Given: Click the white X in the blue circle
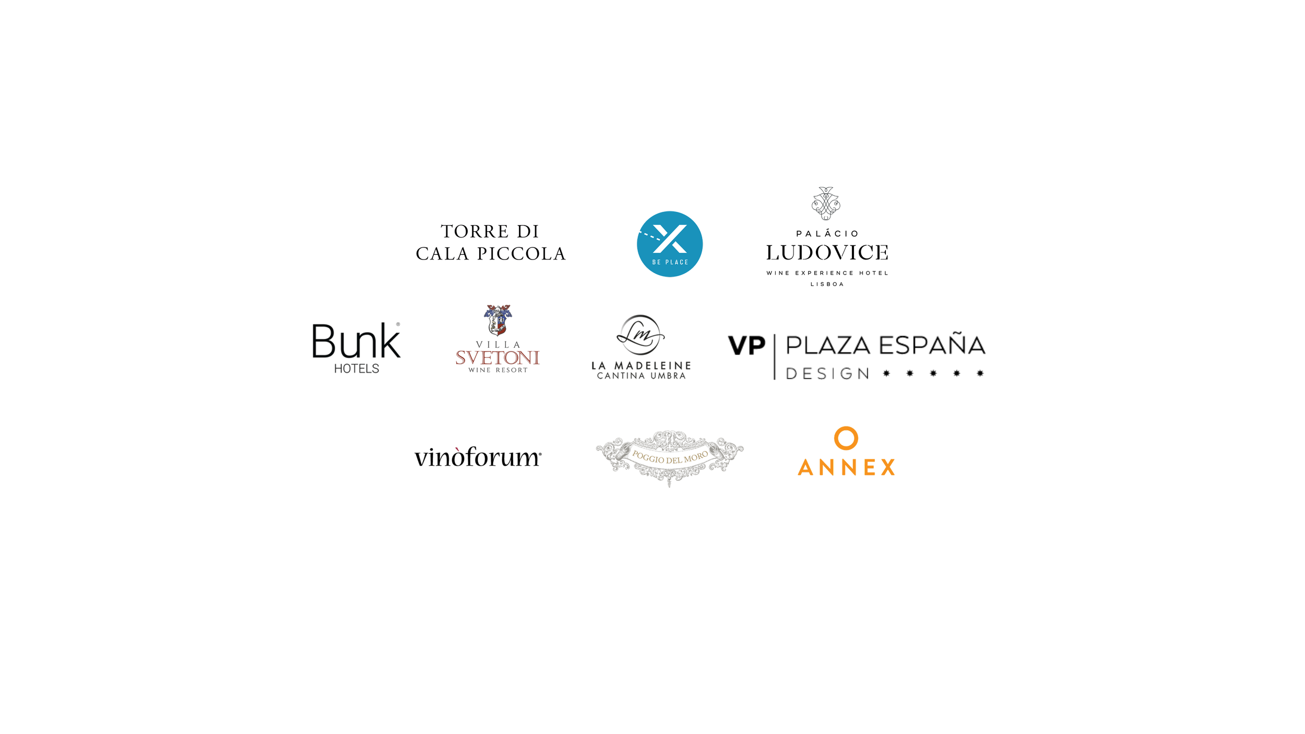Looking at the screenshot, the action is coord(670,239).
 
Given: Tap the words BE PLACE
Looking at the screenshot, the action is coord(670,262).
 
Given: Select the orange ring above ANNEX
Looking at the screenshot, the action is coord(846,438).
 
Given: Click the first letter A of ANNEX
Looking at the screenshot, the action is coord(805,468).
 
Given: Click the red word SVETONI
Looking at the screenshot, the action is coord(497,358).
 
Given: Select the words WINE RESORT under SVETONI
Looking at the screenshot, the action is coord(498,370).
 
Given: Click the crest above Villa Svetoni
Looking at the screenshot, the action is coord(498,319).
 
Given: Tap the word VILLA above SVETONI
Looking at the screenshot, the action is coord(498,345).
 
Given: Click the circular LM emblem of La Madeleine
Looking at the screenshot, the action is coord(641,335).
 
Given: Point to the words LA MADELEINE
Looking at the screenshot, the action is coord(642,366).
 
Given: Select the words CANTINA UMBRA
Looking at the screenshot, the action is coord(642,376).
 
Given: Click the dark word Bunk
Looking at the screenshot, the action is coord(357,341).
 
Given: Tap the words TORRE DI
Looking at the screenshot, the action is coord(490,231).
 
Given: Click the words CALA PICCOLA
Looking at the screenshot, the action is coord(491,254).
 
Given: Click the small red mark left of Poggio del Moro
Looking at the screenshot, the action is coord(457,449).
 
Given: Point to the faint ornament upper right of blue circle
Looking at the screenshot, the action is coord(826,203).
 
